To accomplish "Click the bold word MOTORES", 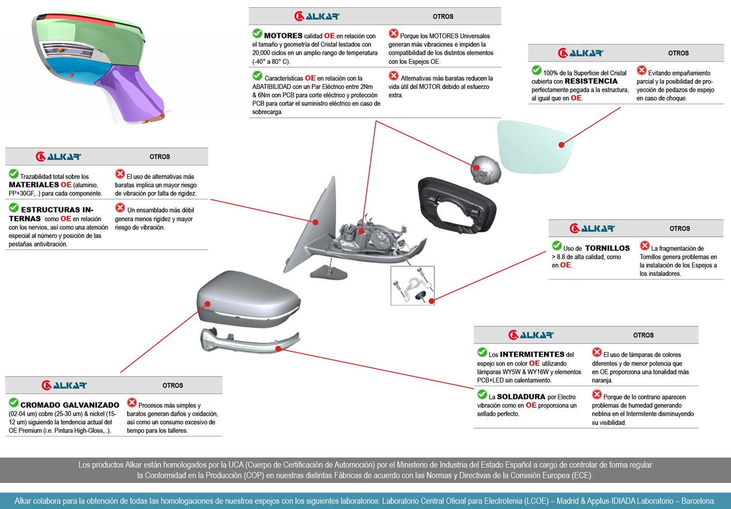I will point(283,36).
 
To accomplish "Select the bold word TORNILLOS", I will point(607,248).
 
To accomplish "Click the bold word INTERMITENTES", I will point(532,354).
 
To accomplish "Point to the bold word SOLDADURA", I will point(521,397).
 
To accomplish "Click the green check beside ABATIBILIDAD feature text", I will point(257,76).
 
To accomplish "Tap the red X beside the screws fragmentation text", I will point(645,246).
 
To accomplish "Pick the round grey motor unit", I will point(485,169).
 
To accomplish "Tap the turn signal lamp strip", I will point(249,343).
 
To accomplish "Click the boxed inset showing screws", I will point(412,286).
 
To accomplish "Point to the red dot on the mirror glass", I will point(561,145).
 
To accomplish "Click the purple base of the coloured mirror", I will point(131,94).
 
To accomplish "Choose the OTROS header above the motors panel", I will point(443,17).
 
